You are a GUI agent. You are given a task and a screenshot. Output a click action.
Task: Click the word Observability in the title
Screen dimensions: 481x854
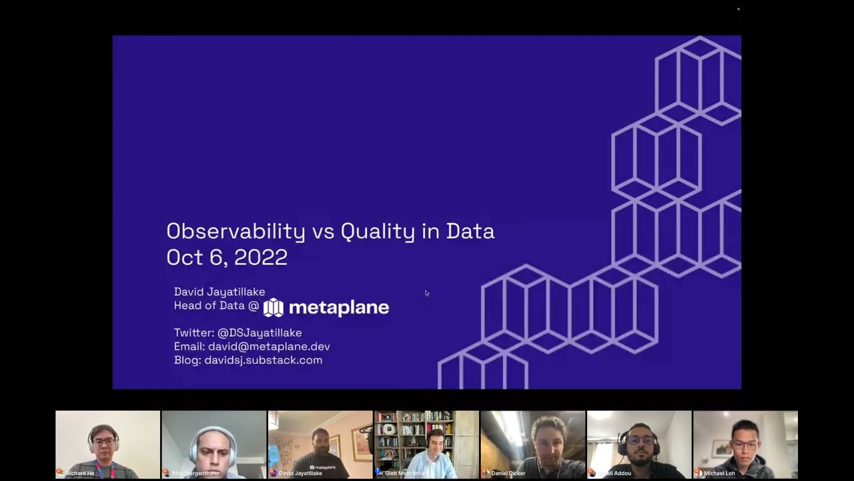(236, 231)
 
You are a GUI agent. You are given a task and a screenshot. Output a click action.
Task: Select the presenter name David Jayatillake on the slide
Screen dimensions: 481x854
(220, 292)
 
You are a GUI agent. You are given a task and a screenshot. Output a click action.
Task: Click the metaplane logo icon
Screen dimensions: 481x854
(274, 307)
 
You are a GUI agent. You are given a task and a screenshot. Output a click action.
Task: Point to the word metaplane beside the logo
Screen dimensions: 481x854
(339, 307)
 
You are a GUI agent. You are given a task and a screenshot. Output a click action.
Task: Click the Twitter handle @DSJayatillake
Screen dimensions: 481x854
(260, 333)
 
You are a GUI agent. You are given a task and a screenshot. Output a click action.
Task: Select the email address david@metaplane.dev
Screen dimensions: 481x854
(269, 347)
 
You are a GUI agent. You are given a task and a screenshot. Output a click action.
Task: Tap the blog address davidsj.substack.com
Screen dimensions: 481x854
(263, 360)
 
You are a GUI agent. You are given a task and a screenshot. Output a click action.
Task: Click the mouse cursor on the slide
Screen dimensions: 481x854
(427, 293)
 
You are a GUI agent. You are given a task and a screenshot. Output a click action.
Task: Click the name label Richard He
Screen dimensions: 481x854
(80, 473)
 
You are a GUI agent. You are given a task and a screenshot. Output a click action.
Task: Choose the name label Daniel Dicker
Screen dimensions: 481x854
(508, 473)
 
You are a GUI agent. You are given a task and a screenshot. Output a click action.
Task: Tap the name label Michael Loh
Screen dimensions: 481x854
(719, 473)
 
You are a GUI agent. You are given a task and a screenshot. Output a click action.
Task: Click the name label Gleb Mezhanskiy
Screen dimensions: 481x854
(406, 473)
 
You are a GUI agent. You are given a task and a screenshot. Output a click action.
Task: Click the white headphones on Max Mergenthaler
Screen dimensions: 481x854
(193, 448)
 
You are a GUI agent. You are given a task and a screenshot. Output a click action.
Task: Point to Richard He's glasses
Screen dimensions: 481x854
(103, 442)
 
